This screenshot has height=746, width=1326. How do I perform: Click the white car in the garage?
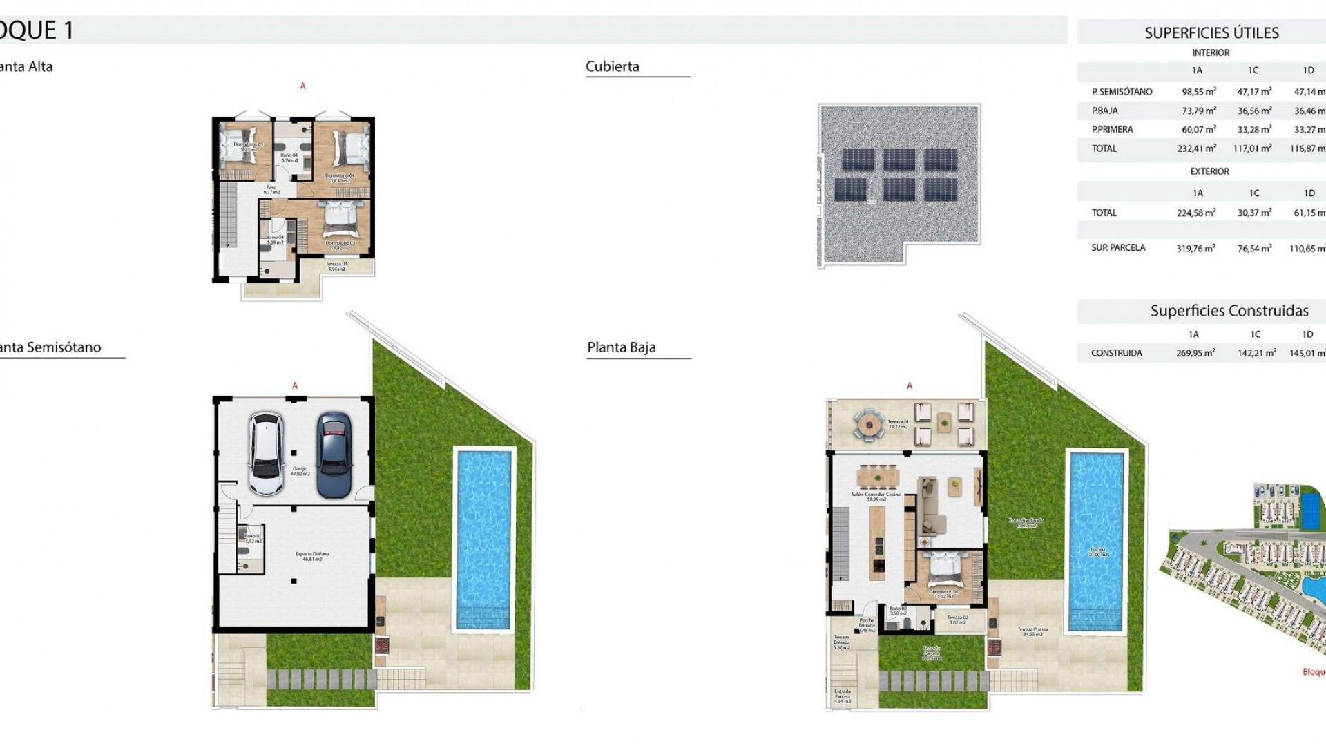267,455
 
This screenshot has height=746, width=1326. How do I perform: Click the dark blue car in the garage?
334,455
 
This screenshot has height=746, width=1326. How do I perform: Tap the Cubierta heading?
613,66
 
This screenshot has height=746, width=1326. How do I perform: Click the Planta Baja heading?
621,347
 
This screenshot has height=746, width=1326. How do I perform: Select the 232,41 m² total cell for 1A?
1196,149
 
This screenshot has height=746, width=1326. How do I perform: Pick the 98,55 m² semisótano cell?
1198,91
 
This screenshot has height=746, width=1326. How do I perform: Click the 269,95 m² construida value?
1195,353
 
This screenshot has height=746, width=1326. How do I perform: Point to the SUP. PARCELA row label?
1118,247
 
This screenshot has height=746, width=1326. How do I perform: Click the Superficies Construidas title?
1229,311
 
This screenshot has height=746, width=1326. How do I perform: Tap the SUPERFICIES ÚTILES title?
1211,32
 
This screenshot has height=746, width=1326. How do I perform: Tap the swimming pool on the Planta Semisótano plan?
484,539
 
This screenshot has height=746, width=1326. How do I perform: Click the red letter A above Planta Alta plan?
302,86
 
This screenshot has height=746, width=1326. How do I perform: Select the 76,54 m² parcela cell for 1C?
1254,248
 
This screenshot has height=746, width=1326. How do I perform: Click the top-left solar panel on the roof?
857,160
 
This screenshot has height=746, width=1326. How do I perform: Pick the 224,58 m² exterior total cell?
1196,213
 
